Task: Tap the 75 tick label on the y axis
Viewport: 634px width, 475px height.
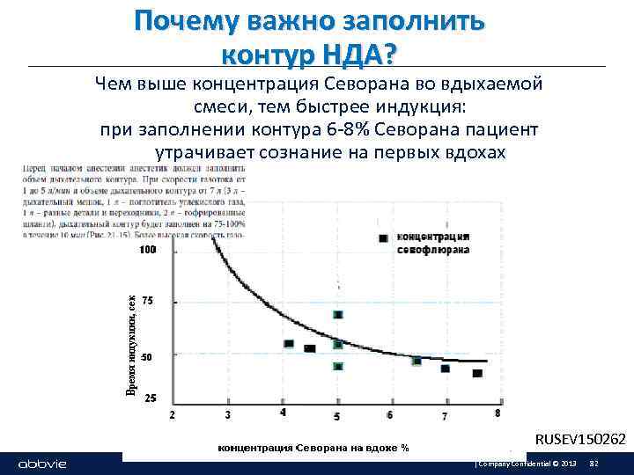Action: coord(147,301)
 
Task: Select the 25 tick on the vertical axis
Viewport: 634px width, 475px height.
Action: coord(150,398)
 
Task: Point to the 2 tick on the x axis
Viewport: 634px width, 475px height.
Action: coord(171,413)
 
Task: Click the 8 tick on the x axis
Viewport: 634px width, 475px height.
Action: coord(498,413)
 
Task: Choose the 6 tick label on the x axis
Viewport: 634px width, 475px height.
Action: coord(390,414)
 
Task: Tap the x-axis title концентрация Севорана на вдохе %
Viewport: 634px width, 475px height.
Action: coord(313,448)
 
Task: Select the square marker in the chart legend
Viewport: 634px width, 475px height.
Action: coord(382,238)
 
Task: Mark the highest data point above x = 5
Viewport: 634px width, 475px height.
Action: coord(338,315)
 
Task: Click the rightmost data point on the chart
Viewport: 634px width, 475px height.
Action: coord(477,373)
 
